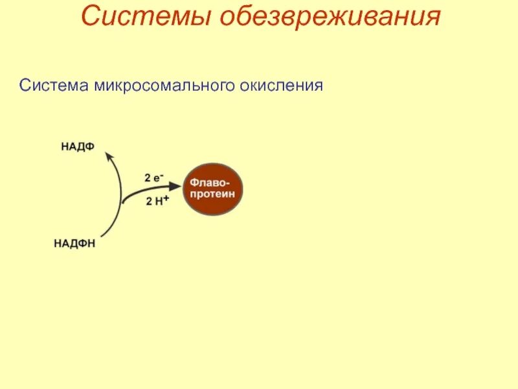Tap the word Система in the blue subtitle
tap(54, 86)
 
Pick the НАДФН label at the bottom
tap(74, 244)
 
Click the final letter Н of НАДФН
tap(92, 244)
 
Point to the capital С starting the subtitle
tap(24, 86)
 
